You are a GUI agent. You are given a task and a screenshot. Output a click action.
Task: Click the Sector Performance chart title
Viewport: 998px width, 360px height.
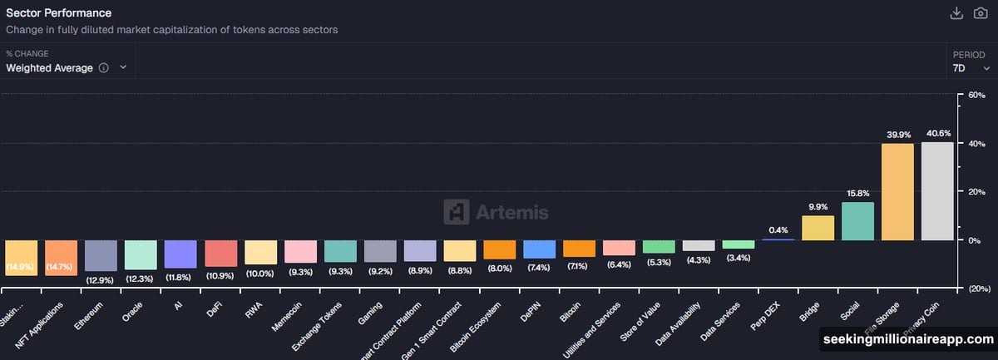pos(58,13)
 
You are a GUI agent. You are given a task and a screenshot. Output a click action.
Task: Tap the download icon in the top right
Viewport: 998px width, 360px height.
pos(956,13)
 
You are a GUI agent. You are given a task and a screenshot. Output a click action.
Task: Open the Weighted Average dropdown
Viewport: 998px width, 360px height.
pos(67,68)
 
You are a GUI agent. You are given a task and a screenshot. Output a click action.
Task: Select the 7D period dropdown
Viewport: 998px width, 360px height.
pos(971,68)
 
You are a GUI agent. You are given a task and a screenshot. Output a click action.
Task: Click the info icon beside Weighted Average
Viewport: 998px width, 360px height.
pos(103,68)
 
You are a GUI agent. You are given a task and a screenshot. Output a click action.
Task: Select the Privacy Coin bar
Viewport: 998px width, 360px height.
pos(937,191)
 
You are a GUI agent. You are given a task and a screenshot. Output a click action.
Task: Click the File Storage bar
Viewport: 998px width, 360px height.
pos(897,192)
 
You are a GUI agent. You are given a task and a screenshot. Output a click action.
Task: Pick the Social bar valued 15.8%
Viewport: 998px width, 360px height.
pos(857,221)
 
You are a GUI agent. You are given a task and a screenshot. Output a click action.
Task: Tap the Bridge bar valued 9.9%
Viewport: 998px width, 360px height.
pos(818,228)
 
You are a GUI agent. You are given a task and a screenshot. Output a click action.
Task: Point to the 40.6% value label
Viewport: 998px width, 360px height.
pos(938,133)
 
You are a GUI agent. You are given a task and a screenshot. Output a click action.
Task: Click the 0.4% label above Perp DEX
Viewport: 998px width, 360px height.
pos(778,229)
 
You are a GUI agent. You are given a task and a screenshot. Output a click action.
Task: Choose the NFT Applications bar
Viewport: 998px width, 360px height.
pos(61,258)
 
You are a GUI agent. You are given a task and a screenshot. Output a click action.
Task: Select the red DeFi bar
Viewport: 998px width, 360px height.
pos(220,254)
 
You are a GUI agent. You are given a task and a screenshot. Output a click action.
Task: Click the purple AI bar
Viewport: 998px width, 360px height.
pos(180,254)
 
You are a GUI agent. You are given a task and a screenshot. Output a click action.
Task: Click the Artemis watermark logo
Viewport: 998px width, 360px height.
pos(496,212)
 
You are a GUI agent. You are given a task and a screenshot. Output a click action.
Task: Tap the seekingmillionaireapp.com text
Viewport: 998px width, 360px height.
pos(908,340)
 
